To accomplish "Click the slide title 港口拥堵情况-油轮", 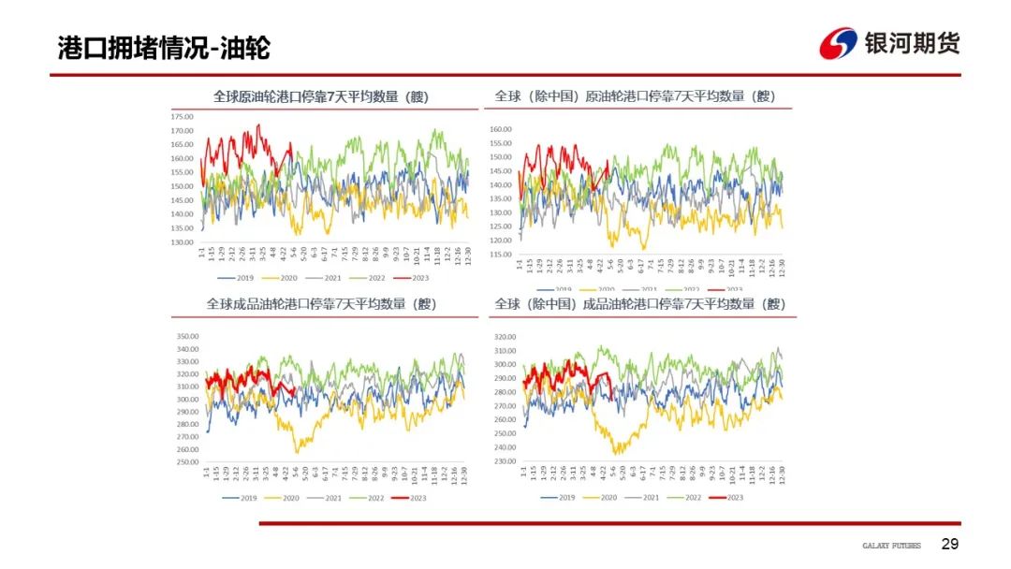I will coord(164,48).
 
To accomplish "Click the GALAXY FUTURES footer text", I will coord(891,546).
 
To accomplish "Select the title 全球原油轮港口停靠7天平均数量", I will coord(320,96).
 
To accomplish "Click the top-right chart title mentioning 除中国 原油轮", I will coord(636,96).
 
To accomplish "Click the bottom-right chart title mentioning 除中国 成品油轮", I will coord(639,304).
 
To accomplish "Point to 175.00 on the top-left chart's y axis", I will coord(182,117).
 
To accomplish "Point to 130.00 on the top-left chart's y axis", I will coord(182,242).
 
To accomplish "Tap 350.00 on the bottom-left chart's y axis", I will coord(187,337).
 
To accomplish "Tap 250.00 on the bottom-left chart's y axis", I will coord(187,461).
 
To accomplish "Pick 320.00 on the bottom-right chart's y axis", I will coord(505,337).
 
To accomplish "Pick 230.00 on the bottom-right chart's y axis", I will coord(505,461).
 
